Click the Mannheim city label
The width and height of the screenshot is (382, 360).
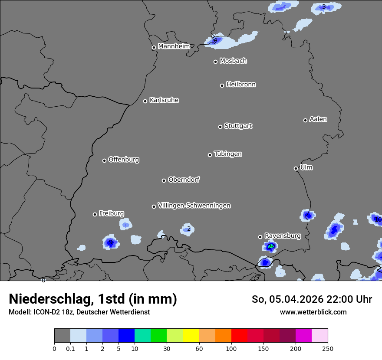(x=174, y=46)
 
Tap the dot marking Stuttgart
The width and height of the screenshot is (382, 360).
(x=220, y=127)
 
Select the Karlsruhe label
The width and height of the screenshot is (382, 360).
(x=164, y=100)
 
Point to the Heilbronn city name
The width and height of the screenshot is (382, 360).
(x=241, y=85)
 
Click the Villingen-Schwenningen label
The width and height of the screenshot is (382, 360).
(x=194, y=206)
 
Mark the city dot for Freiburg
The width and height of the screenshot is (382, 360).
(x=95, y=214)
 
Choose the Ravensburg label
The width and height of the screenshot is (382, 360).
(x=283, y=236)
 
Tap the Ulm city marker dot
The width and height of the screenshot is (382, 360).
(x=296, y=168)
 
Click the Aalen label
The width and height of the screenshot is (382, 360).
(x=318, y=119)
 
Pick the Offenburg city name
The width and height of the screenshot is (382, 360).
(x=124, y=160)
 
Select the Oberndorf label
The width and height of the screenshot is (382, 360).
(x=184, y=180)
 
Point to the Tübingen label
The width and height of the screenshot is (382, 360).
(x=228, y=154)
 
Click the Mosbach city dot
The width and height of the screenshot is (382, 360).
(x=215, y=62)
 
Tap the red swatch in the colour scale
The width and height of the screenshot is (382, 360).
(x=239, y=336)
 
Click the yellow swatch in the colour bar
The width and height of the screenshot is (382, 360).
(x=191, y=336)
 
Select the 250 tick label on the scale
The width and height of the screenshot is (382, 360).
(x=328, y=348)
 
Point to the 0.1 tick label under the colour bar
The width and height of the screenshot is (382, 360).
(x=70, y=348)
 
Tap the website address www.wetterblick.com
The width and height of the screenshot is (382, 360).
(x=313, y=312)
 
